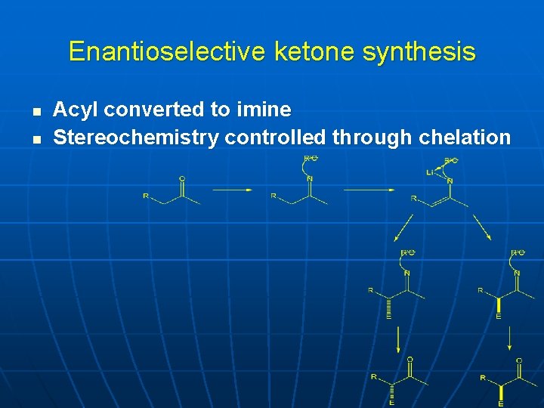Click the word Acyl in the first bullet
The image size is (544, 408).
click(76, 110)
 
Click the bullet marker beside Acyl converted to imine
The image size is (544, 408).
click(36, 111)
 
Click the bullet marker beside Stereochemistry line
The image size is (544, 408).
click(36, 139)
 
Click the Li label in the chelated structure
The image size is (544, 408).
click(430, 173)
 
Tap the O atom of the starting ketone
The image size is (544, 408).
click(182, 178)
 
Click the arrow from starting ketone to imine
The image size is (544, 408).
click(232, 190)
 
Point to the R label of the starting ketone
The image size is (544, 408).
click(146, 196)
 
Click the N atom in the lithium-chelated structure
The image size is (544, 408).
click(450, 181)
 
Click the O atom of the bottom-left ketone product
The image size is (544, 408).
click(410, 360)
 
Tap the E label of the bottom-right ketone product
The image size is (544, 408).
click(499, 403)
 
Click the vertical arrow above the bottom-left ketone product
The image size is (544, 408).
click(397, 340)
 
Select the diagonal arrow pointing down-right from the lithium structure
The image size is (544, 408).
click(480, 227)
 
